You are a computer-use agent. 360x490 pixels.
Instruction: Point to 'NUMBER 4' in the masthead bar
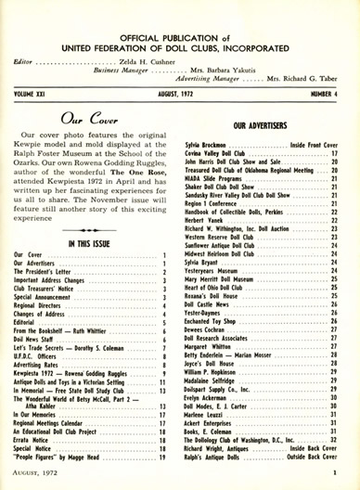click(x=328, y=94)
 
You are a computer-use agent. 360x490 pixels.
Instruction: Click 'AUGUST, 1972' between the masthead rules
click(x=180, y=94)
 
